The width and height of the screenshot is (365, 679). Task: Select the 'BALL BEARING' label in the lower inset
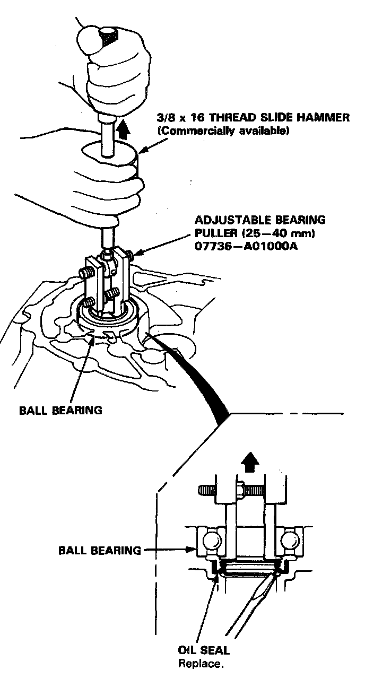[x=99, y=550]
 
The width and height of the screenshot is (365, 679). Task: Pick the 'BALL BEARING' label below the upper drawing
[x=60, y=410]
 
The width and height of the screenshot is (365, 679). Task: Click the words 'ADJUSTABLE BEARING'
[x=260, y=220]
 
